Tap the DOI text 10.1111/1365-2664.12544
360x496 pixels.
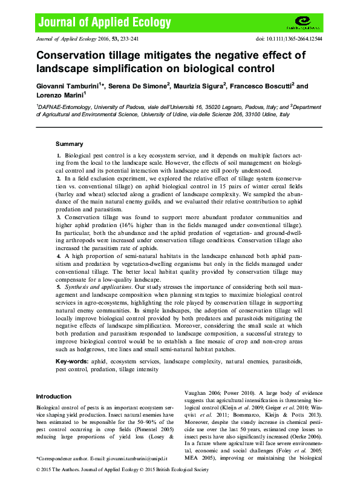(289, 38)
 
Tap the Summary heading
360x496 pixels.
(69, 144)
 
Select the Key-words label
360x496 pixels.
(71, 360)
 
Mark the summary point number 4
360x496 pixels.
(58, 257)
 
